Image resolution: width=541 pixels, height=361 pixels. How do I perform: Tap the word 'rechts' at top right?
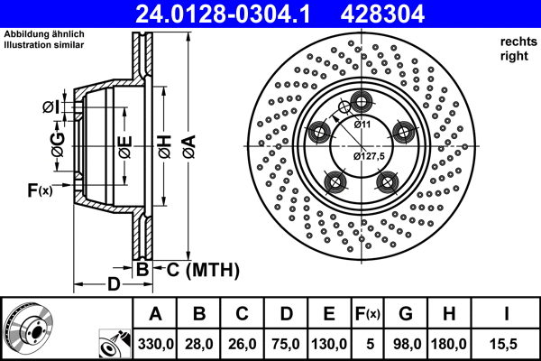[x=515, y=41]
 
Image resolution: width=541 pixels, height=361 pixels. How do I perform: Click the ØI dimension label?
[x=51, y=108]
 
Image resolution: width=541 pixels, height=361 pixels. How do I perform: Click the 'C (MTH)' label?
[x=202, y=269]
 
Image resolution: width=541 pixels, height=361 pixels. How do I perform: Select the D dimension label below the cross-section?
[x=113, y=285]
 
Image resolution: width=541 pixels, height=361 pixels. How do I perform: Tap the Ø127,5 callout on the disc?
[x=369, y=155]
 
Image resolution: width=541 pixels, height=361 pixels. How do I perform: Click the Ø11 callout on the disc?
[x=362, y=124]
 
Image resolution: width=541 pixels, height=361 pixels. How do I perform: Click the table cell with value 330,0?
[x=155, y=343]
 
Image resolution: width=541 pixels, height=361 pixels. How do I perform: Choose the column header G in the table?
[x=406, y=314]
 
